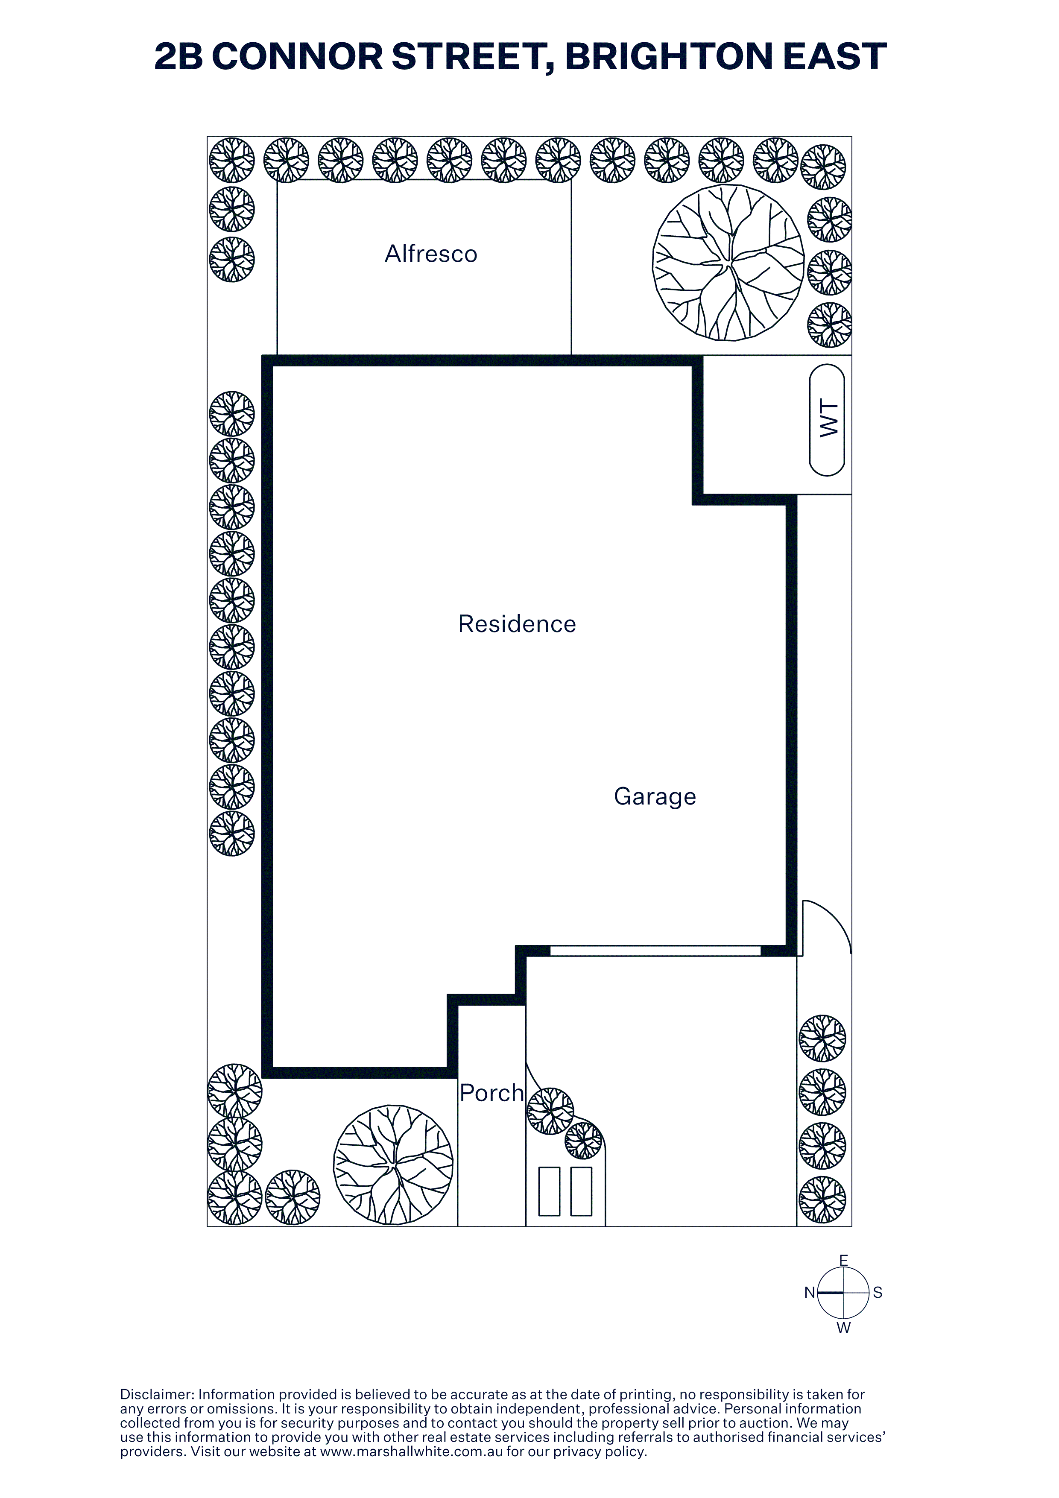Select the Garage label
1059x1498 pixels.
tap(655, 797)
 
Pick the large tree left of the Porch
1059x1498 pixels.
tap(393, 1165)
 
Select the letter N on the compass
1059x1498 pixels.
tap(810, 1293)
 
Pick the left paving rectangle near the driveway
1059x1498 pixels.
tap(550, 1191)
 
